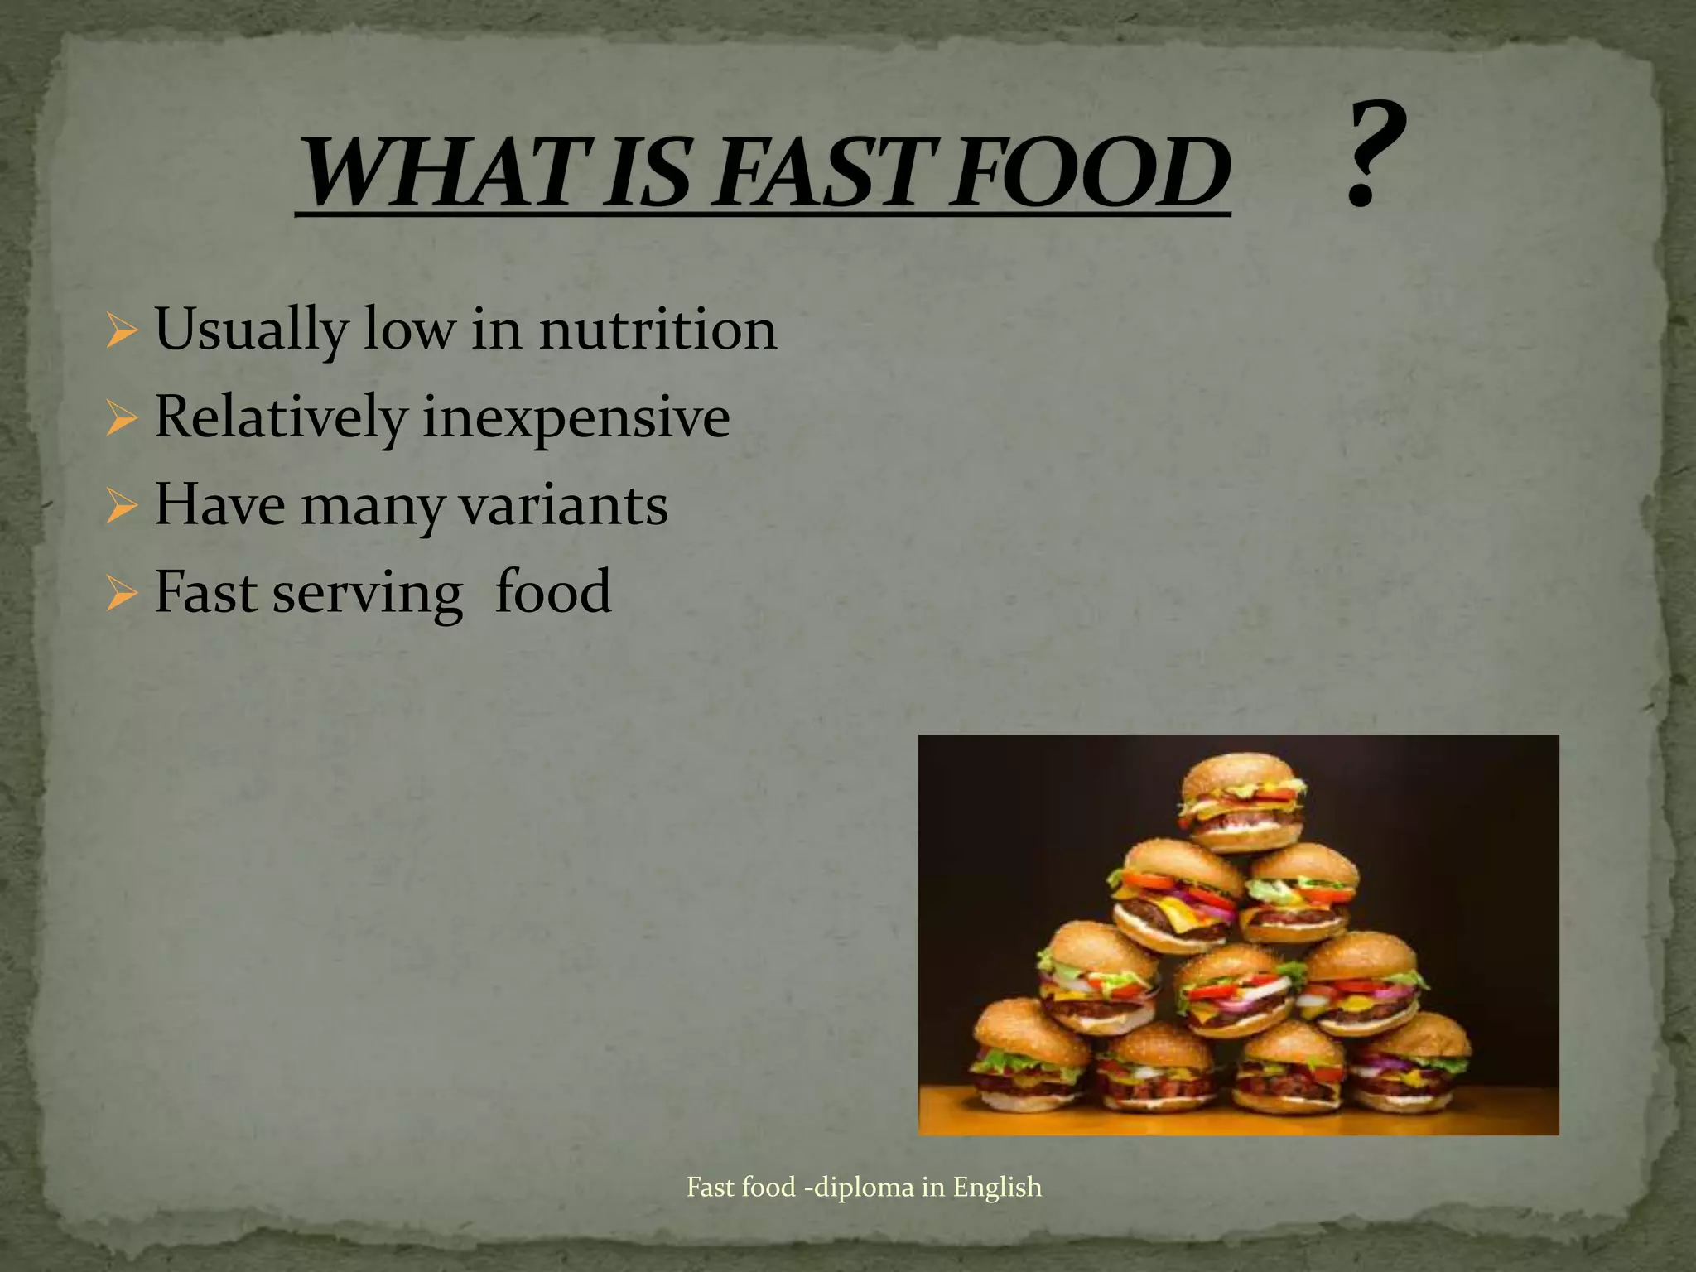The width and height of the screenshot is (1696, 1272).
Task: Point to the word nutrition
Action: (x=658, y=330)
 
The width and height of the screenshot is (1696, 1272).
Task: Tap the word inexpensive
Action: (x=576, y=418)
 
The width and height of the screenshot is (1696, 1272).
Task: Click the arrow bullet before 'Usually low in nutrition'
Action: (x=121, y=331)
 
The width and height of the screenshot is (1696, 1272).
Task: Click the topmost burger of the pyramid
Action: (x=1242, y=801)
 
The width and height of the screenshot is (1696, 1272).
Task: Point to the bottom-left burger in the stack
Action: (x=1030, y=1055)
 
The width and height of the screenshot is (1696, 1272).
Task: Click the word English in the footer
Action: (x=997, y=1187)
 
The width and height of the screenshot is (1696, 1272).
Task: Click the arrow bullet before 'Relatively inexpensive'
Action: (x=121, y=419)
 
